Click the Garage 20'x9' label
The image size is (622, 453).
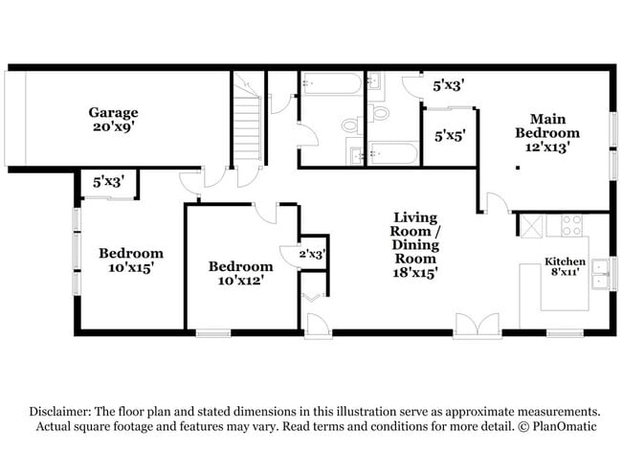114,119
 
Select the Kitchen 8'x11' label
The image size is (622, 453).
566,267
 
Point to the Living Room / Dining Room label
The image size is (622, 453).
414,244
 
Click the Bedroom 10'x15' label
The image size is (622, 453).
131,260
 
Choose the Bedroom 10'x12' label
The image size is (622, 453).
240,273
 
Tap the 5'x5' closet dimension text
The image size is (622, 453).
449,136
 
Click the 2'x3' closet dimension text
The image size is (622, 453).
312,254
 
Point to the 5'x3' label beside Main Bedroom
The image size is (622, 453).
449,85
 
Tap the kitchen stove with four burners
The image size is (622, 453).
571,225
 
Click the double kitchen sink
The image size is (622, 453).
600,274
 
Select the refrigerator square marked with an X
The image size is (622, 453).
530,225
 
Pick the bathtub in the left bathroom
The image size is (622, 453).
330,83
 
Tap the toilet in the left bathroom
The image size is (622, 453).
350,125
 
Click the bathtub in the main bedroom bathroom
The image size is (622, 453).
393,153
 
